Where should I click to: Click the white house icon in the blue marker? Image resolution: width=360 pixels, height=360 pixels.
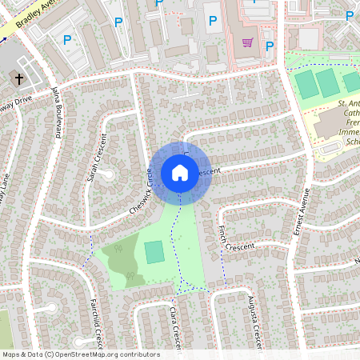click(180, 172)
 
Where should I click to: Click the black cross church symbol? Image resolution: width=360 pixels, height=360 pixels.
click(18, 79)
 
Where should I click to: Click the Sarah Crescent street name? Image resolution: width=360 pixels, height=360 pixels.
click(95, 160)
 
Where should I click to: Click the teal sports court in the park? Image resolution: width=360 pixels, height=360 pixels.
click(154, 252)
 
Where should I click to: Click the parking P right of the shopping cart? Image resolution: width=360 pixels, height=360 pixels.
click(270, 46)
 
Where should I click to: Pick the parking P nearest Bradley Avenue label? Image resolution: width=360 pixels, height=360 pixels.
click(66, 38)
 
